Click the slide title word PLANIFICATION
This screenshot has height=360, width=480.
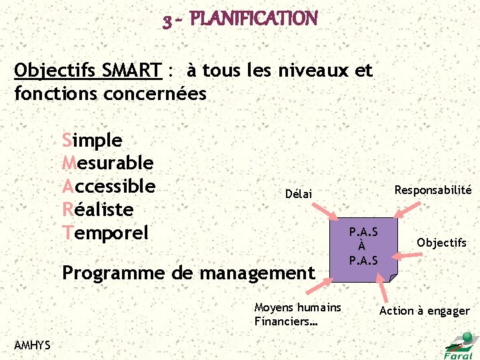tap(253, 19)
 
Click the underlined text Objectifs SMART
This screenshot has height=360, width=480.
tap(87, 70)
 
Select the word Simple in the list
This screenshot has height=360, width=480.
tap(92, 141)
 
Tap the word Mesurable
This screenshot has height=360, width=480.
tap(107, 163)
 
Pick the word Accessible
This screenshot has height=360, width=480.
tap(109, 186)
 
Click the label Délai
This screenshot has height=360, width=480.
tap(298, 194)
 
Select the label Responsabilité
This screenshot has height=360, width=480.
tap(433, 190)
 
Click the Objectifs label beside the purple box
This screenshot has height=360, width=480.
tap(441, 243)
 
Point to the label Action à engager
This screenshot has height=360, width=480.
tap(424, 311)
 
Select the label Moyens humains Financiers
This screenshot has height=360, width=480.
tap(297, 314)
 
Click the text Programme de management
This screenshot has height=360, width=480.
tap(187, 273)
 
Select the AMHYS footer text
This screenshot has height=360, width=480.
tap(32, 344)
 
